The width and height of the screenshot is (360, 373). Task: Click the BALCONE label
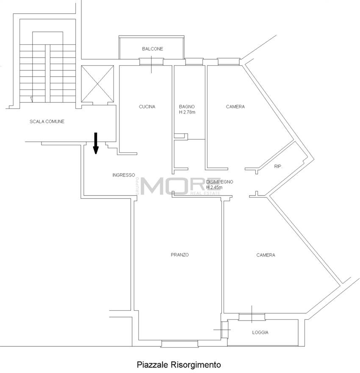(x=152, y=49)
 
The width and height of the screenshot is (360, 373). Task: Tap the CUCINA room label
(x=147, y=107)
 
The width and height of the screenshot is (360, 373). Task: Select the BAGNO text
(x=186, y=107)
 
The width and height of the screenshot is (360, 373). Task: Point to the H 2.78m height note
(x=187, y=112)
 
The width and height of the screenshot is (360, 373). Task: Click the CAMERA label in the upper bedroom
(x=235, y=107)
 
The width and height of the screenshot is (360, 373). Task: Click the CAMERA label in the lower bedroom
(x=266, y=255)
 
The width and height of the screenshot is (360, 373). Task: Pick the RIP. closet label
(x=278, y=166)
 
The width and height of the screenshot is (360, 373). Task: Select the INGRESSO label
(x=124, y=175)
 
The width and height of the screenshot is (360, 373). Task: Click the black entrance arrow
(x=96, y=143)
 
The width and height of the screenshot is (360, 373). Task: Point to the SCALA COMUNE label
(x=47, y=122)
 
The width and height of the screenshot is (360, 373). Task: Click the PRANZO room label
(x=180, y=255)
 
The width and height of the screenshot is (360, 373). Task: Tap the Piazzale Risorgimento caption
(x=179, y=364)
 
